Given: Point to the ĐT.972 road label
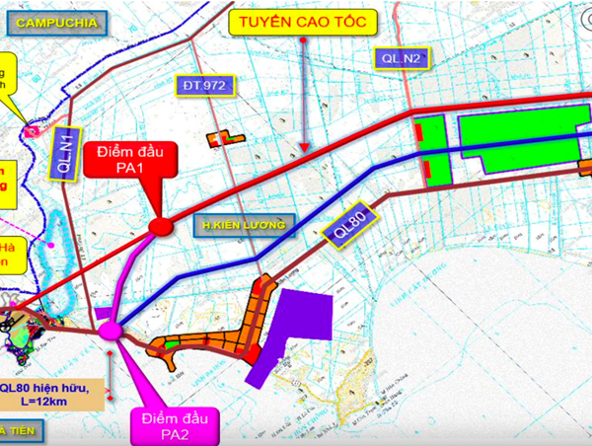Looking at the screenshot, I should [x=202, y=86].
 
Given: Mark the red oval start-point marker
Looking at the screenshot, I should [x=159, y=228].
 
